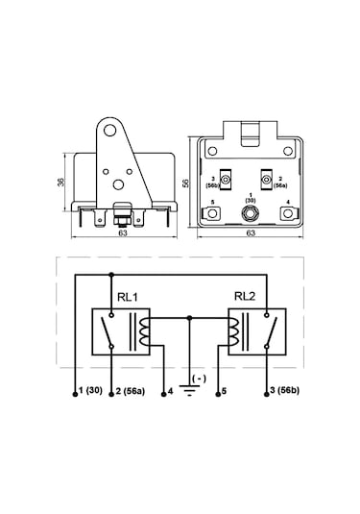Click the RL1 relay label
click(x=128, y=297)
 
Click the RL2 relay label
click(x=245, y=296)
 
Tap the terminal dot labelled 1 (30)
click(x=75, y=394)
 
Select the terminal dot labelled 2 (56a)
click(x=111, y=394)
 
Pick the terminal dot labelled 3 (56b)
click(x=267, y=394)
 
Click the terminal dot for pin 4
click(x=164, y=394)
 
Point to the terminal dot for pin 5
click(x=218, y=394)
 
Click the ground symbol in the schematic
click(x=189, y=390)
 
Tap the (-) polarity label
click(x=199, y=379)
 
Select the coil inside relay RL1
click(x=144, y=331)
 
